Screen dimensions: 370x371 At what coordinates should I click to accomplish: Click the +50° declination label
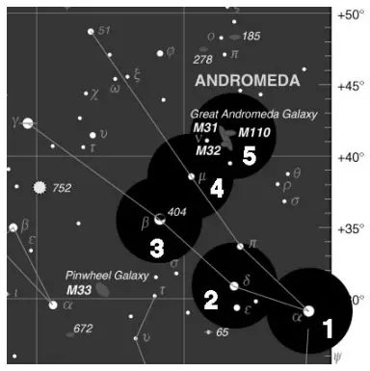click(x=350, y=14)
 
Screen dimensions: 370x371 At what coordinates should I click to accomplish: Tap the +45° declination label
click(x=350, y=86)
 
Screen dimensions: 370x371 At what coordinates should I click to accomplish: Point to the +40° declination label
click(x=350, y=157)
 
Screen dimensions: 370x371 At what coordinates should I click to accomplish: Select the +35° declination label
click(x=350, y=228)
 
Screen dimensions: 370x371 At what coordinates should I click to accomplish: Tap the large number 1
click(x=327, y=328)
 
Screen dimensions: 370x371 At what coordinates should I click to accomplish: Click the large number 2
click(x=210, y=300)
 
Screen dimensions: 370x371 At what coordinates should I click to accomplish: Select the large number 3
click(x=157, y=248)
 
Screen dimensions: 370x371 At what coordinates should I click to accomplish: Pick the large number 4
click(x=217, y=189)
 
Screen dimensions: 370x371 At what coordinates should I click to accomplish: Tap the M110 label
click(x=254, y=132)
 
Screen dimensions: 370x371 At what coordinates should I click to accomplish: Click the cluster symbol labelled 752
click(x=40, y=187)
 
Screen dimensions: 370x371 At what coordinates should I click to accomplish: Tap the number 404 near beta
click(x=176, y=211)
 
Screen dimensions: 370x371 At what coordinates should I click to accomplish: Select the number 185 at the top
click(x=251, y=37)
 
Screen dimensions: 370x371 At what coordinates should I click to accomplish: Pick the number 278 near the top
click(x=202, y=60)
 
